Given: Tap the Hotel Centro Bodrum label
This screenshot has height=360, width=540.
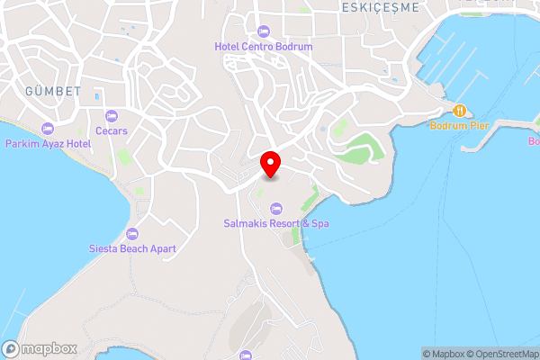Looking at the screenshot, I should point(263,46).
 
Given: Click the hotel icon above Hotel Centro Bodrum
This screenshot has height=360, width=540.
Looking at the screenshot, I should point(263,31).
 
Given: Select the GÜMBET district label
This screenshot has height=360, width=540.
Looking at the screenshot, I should point(53,92).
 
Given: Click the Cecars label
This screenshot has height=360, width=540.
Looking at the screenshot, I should point(112,130).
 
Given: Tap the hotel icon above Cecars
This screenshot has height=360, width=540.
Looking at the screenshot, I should point(112,116).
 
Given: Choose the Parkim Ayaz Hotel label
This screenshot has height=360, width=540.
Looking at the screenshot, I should point(48,143).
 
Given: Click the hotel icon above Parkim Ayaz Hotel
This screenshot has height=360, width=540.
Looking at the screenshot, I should point(48,129).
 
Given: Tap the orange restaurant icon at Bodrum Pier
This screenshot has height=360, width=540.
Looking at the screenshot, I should point(459,110).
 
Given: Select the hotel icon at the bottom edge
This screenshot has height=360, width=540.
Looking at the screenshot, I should point(247,355).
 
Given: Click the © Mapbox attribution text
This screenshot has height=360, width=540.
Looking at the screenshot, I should point(444,354).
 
